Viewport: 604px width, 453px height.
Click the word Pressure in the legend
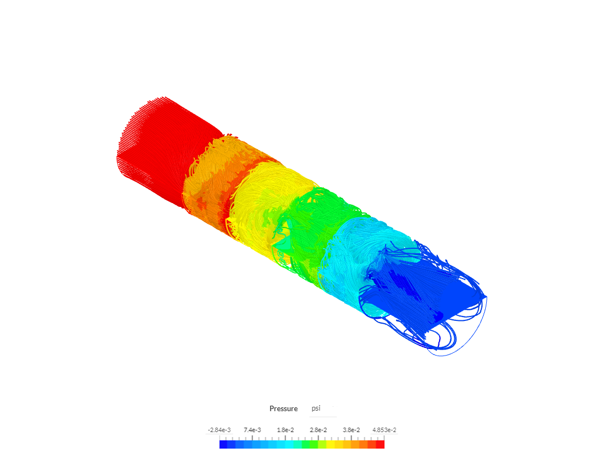click(x=283, y=408)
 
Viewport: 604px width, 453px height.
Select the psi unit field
click(x=316, y=408)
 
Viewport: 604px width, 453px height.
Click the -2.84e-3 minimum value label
click(x=218, y=429)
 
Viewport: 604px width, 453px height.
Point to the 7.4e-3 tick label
click(x=252, y=429)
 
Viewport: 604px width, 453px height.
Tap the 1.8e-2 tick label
click(x=285, y=429)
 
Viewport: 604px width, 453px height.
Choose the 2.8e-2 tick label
click(x=319, y=429)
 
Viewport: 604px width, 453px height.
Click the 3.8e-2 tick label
click(x=352, y=429)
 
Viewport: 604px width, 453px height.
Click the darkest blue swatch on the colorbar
click(x=223, y=444)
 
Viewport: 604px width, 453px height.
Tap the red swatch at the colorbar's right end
click(x=380, y=444)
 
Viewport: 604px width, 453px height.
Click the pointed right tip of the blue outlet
click(x=486, y=298)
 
